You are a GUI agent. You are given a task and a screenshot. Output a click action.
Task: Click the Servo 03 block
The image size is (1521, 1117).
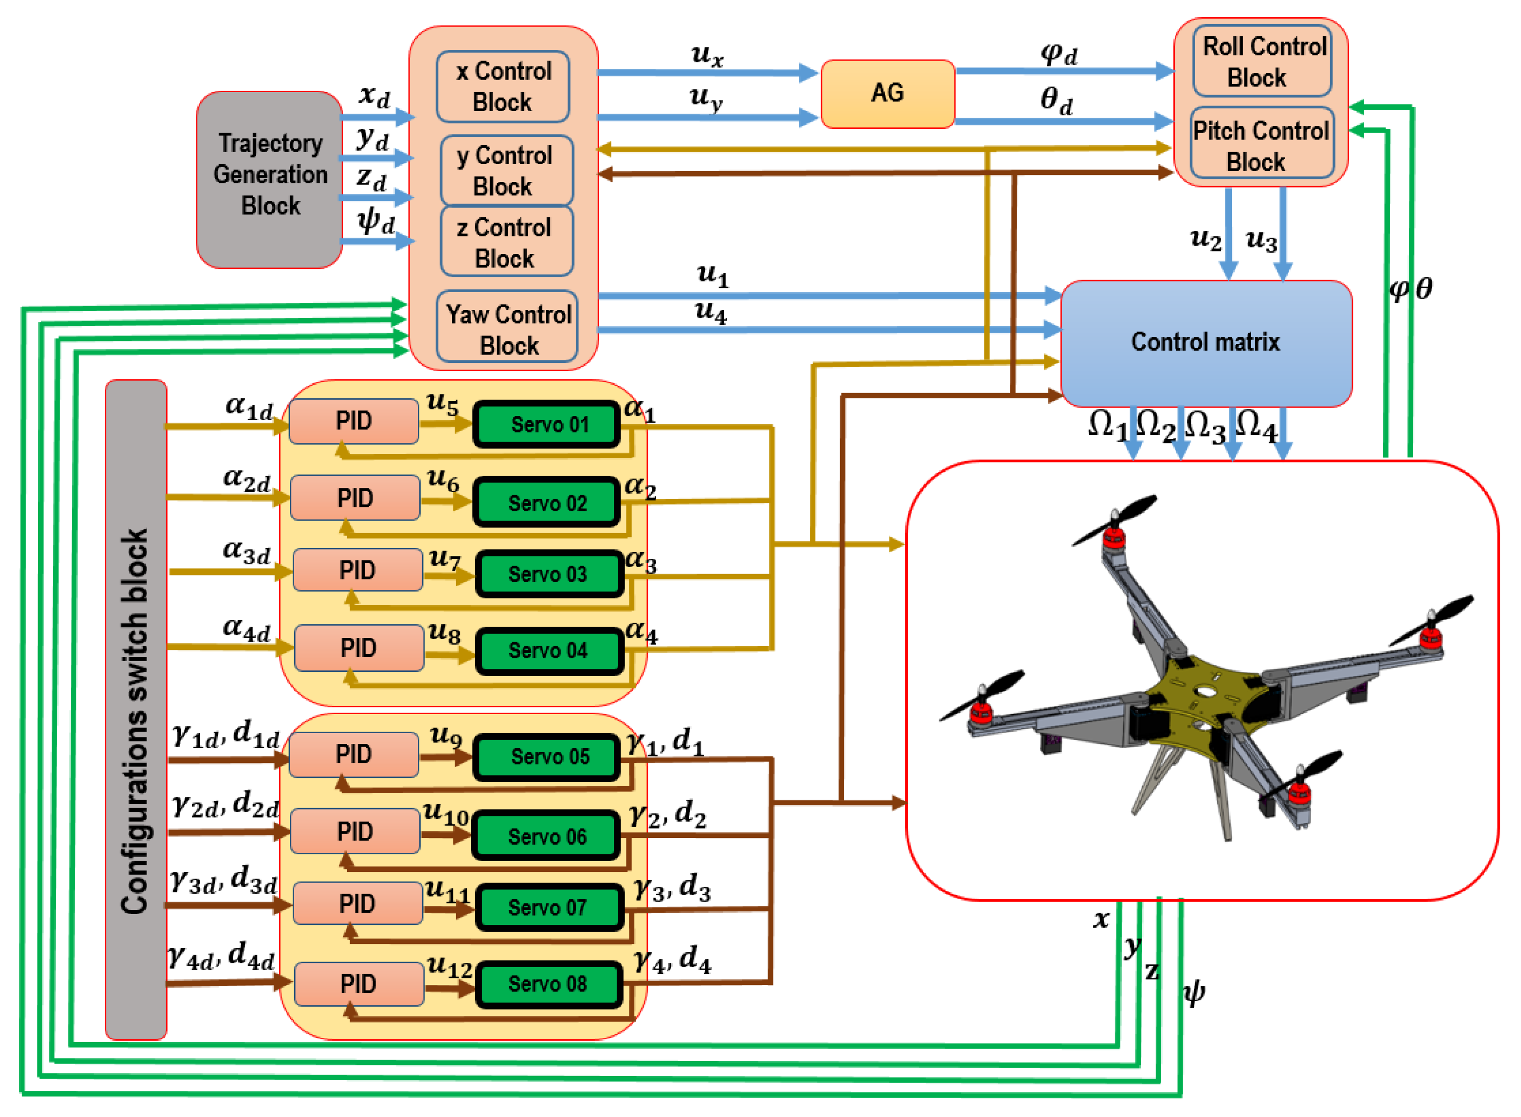548,574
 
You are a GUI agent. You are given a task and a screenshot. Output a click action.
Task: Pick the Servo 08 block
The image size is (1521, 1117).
548,984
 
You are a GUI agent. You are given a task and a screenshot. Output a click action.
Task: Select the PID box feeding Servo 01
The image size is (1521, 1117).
354,421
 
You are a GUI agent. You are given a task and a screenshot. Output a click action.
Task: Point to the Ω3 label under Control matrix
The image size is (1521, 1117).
1205,427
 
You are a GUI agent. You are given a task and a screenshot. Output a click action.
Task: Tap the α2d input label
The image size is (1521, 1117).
247,479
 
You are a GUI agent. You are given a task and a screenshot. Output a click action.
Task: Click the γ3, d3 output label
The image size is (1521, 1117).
672,887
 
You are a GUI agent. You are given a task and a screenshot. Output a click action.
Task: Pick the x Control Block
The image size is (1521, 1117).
503,87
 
